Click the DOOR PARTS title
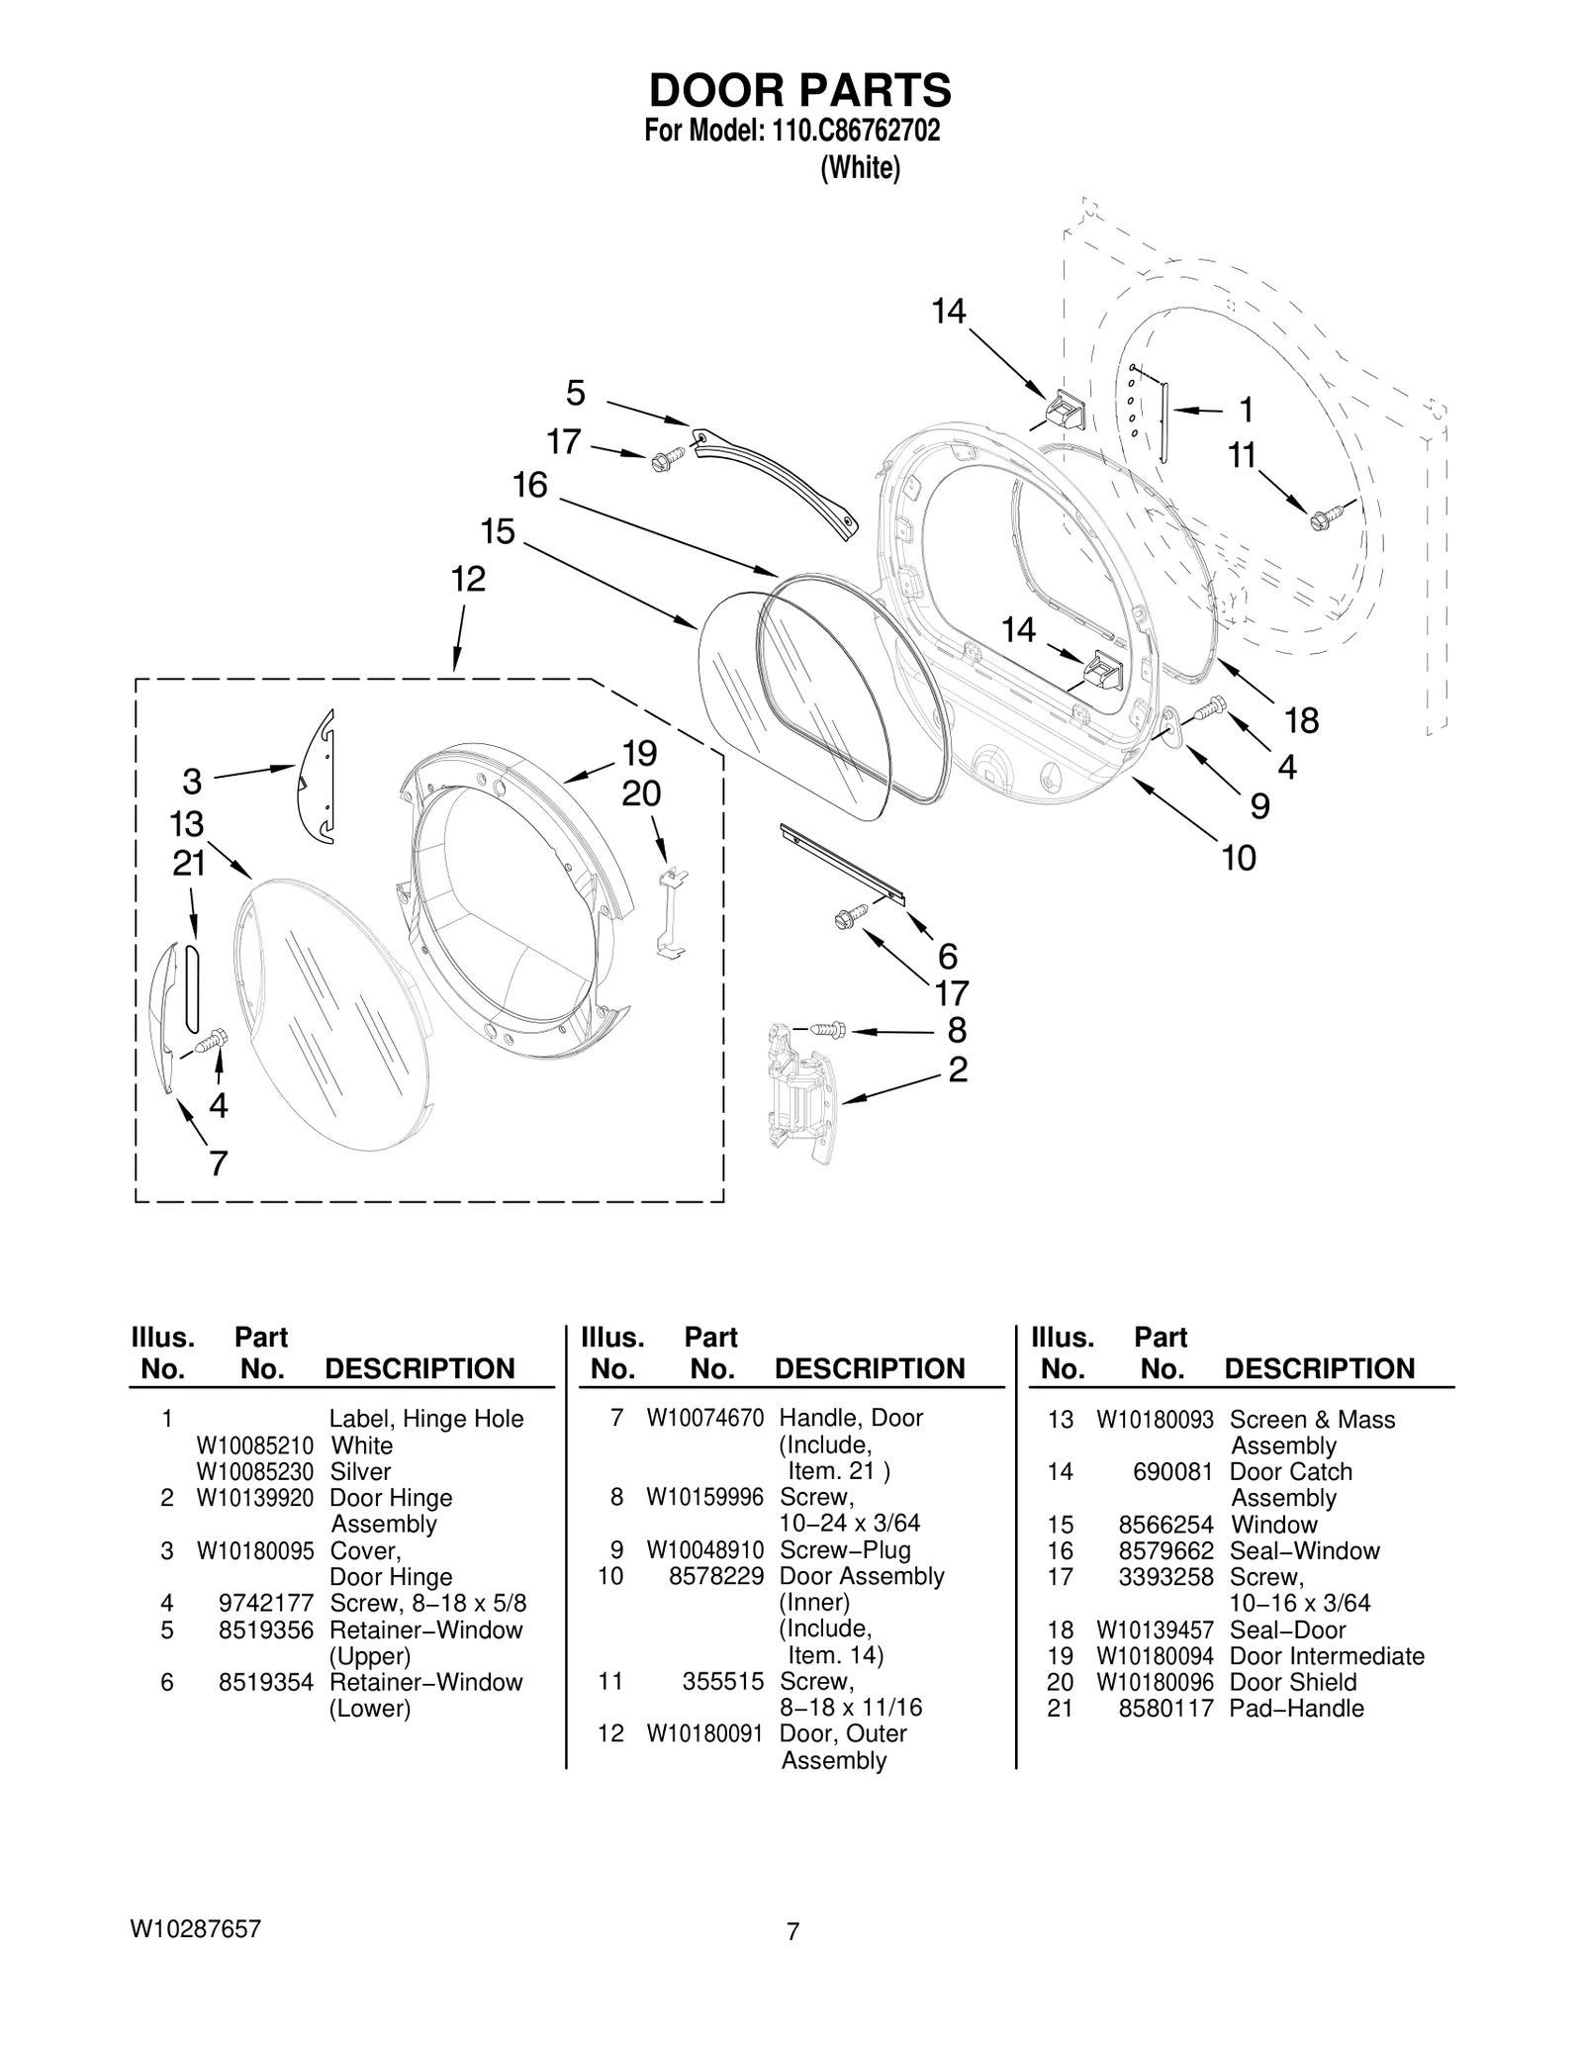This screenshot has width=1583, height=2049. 799,91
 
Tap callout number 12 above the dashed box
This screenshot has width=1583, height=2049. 468,580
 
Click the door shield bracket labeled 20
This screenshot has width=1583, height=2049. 673,911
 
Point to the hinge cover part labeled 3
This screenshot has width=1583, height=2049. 319,777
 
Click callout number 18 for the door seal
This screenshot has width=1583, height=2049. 1301,721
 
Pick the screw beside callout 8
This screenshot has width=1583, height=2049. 828,1029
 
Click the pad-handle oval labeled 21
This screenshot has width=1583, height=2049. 191,987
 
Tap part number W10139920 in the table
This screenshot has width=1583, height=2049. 254,1498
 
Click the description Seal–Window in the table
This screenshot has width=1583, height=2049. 1304,1550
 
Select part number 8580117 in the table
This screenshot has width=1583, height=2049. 1164,1708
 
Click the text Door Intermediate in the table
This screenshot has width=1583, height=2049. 1326,1655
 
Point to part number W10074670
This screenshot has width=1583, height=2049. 704,1418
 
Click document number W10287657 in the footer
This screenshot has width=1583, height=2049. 195,1928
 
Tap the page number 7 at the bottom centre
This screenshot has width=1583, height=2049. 791,1930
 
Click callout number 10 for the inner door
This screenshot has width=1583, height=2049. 1239,858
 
